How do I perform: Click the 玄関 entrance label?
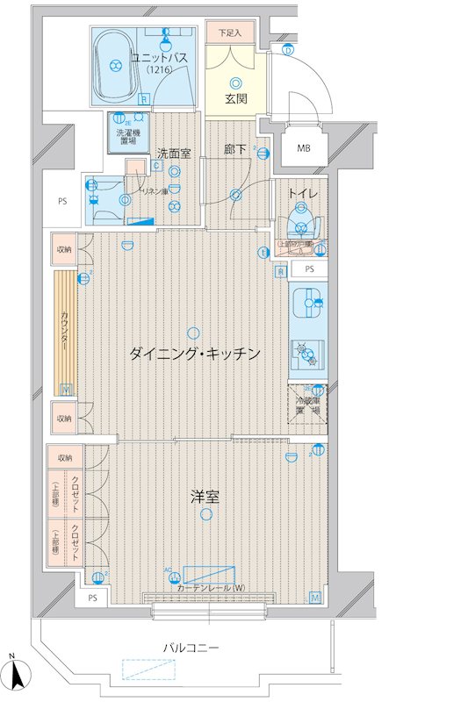234,98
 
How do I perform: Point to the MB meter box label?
303,147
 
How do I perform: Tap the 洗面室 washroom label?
174,153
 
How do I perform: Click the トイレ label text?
301,189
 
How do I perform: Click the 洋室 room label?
205,497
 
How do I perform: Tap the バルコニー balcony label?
191,648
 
